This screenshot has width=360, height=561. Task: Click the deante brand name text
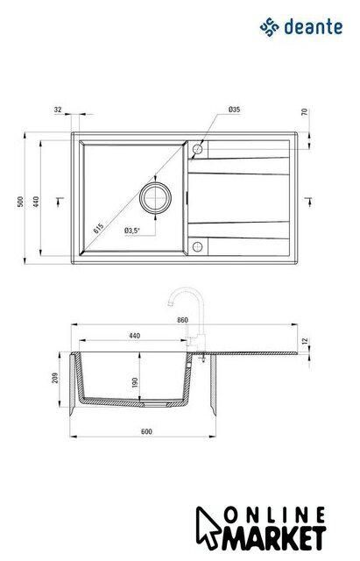pyautogui.click(x=314, y=27)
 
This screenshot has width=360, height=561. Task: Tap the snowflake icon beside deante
pyautogui.click(x=269, y=27)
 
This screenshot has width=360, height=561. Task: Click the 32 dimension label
pyautogui.click(x=58, y=110)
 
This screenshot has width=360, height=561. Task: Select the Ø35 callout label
pyautogui.click(x=234, y=110)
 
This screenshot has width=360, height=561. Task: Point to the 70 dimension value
pyautogui.click(x=305, y=112)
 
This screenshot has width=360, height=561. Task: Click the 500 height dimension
pyautogui.click(x=20, y=202)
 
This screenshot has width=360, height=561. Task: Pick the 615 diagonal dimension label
pyautogui.click(x=98, y=228)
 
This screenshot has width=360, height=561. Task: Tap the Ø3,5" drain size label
pyautogui.click(x=131, y=231)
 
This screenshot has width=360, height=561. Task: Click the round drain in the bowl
pyautogui.click(x=155, y=198)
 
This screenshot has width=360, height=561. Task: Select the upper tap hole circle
pyautogui.click(x=197, y=149)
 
